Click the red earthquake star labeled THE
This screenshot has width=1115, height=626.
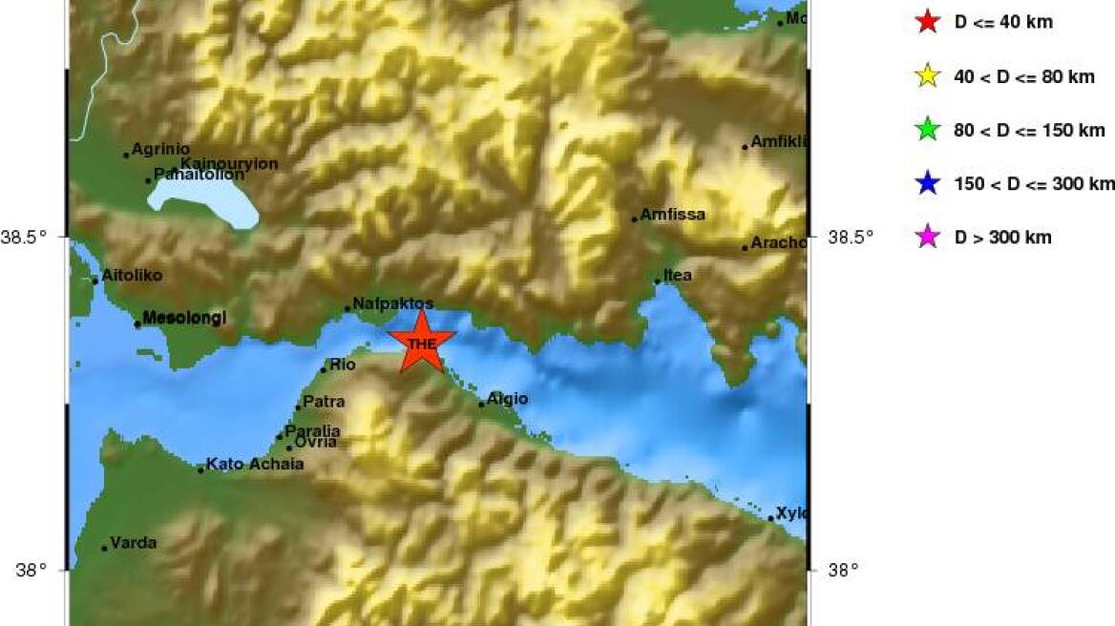click(x=421, y=343)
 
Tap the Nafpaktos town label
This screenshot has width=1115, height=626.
click(x=392, y=303)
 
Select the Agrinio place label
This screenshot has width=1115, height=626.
click(x=160, y=149)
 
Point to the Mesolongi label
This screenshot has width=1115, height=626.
click(x=183, y=318)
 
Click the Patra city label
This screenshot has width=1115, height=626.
click(x=323, y=402)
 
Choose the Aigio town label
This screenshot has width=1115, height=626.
click(x=507, y=399)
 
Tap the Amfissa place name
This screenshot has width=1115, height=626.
click(x=672, y=215)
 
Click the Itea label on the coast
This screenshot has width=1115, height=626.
click(x=677, y=276)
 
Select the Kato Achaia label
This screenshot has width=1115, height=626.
click(x=254, y=465)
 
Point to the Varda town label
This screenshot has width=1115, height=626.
click(x=133, y=543)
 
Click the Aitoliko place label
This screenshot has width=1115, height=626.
click(x=131, y=276)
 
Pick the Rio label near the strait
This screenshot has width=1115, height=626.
click(x=342, y=365)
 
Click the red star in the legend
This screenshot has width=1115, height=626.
click(x=927, y=21)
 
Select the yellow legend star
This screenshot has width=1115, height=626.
click(x=927, y=76)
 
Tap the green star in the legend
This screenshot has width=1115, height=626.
click(x=927, y=130)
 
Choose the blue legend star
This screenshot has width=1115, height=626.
click(x=927, y=183)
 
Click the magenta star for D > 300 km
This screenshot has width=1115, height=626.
click(x=927, y=237)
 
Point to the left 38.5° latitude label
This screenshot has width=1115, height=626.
click(x=30, y=237)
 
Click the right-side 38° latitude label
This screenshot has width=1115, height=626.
click(x=842, y=571)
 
